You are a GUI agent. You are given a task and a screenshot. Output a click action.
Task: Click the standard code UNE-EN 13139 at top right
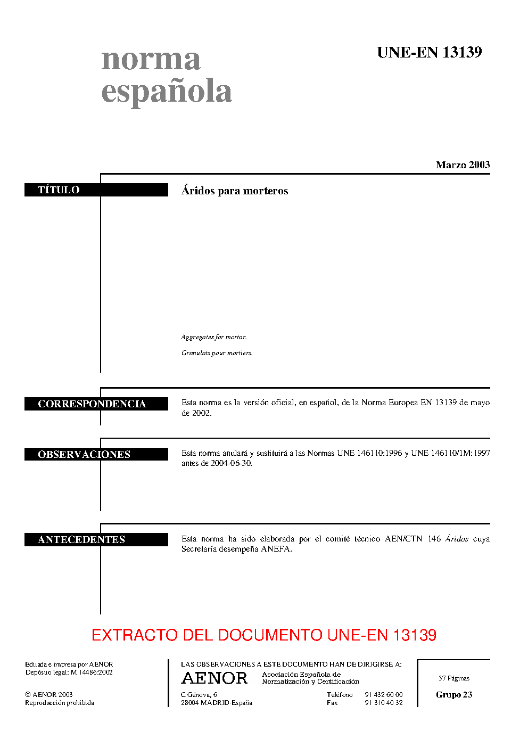[430, 52]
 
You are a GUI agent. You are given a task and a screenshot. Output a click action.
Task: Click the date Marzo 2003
[463, 165]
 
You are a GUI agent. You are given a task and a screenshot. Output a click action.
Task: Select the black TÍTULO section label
[96, 190]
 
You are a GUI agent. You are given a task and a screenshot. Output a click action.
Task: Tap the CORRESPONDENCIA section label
[96, 404]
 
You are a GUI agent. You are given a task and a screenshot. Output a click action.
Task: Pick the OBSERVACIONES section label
[96, 454]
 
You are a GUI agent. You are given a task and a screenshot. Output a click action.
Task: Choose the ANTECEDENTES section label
[96, 539]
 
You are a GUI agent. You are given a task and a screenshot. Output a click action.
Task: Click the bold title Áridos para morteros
[235, 191]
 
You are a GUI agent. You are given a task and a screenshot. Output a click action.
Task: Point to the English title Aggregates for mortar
[214, 337]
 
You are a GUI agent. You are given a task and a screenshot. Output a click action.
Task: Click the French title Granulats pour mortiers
[217, 353]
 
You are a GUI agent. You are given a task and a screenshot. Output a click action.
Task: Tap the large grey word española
[167, 91]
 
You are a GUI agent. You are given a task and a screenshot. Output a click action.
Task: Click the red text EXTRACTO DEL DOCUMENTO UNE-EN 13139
[264, 635]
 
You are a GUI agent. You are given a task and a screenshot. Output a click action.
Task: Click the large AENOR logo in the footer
[214, 678]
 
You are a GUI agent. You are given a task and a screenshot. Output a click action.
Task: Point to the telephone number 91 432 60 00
[384, 695]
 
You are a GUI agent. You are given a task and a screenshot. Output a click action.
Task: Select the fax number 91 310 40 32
[384, 703]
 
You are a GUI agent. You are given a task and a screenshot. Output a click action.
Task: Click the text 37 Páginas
[454, 678]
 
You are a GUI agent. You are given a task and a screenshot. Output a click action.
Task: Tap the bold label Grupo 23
[454, 695]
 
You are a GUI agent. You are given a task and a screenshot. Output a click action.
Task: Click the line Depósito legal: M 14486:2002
[69, 672]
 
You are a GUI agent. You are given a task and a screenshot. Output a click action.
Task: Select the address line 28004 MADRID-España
[216, 703]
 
